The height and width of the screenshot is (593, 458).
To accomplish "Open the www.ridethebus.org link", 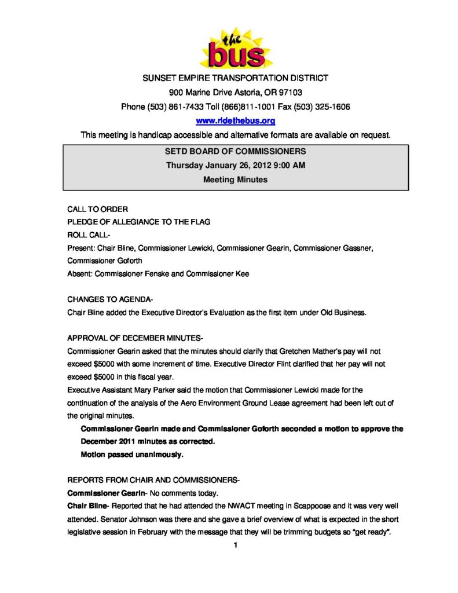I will click(235, 121).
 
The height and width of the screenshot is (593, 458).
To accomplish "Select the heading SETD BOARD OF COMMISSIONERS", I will click(236, 152).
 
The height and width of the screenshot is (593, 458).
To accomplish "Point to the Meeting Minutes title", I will click(235, 180).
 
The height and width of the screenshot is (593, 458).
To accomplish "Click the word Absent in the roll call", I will click(79, 273).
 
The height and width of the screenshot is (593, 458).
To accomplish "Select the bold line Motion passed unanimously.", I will click(131, 455).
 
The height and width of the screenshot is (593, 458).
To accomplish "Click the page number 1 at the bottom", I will click(236, 545).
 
